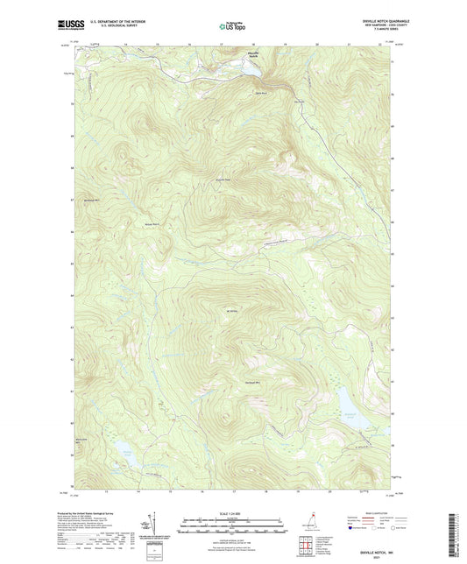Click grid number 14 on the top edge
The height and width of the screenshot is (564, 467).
click(126, 42)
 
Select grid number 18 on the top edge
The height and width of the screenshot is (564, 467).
click(255, 42)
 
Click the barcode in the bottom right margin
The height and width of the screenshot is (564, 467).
click(453, 533)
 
